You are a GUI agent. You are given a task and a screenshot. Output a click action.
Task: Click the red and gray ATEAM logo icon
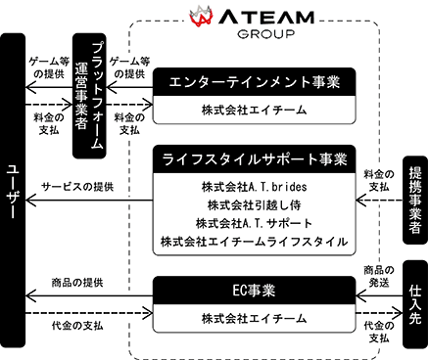pos(201,16)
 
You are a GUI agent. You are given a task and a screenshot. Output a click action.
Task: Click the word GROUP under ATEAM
pos(266,34)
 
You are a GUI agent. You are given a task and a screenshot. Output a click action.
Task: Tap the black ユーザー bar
pos(13,191)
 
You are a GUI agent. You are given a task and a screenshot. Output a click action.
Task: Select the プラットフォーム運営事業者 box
pos(89,96)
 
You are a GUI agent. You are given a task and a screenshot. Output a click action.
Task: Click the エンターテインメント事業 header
pos(255,82)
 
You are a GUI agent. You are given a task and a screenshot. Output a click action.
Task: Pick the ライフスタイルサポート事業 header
pos(255,159)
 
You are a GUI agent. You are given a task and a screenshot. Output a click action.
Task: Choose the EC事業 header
pos(255,291)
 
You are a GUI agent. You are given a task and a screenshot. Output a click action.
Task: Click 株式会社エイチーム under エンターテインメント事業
pos(255,111)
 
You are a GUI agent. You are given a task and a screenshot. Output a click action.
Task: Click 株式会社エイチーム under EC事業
pos(255,318)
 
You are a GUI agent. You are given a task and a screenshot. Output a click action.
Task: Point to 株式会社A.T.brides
pos(255,187)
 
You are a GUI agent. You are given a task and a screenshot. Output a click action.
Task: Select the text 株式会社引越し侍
pos(255,205)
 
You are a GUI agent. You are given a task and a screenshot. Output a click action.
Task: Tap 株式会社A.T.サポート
pos(255,223)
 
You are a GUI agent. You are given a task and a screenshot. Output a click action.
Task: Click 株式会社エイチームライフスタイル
pos(255,242)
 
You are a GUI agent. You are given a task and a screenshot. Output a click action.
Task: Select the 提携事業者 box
pos(415,201)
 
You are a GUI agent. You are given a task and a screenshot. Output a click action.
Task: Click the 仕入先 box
pos(415,304)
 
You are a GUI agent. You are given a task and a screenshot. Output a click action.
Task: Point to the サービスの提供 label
pos(77,187)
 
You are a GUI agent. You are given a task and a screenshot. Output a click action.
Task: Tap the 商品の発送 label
pos(379,276)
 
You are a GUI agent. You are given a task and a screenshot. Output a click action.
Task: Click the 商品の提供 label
pos(77,283)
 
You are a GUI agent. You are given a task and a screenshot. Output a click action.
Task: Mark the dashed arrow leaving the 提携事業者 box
pos(379,201)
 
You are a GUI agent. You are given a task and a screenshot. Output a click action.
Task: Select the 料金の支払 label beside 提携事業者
pos(379,181)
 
